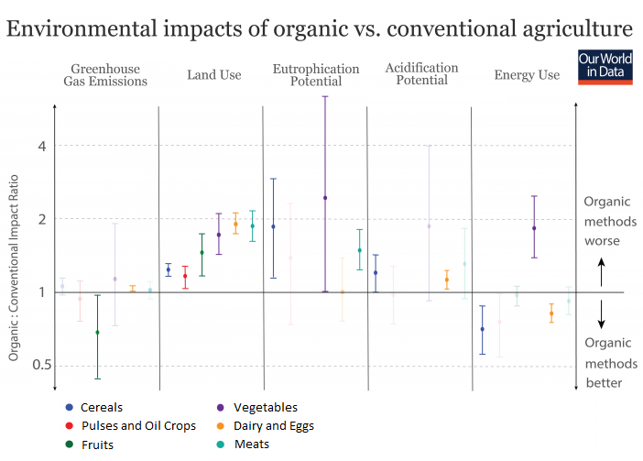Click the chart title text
[x=320, y=28]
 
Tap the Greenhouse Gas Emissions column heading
[x=105, y=75]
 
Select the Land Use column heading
[x=213, y=74]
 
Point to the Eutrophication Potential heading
[x=316, y=75]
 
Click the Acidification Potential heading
[x=421, y=74]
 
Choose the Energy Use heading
[x=527, y=75]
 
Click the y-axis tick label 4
[x=40, y=146]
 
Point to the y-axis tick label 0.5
[x=37, y=366]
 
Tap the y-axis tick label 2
[x=40, y=219]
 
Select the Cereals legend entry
[x=101, y=408]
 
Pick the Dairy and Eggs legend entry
[x=273, y=426]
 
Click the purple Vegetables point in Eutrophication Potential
[x=325, y=198]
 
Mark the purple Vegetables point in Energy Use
[x=534, y=228]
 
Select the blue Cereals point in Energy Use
[x=483, y=329]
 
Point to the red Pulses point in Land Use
[x=185, y=276]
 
